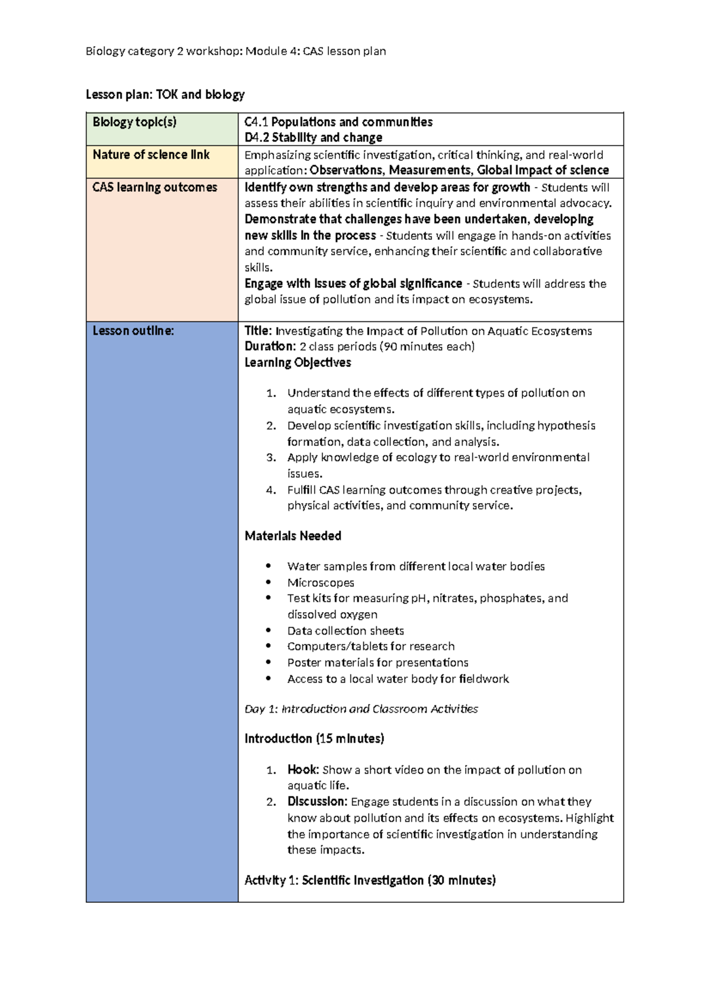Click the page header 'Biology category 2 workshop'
point(235,52)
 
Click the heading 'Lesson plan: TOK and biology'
point(165,95)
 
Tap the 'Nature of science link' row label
point(151,155)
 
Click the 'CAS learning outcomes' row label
point(155,188)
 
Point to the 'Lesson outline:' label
point(133,331)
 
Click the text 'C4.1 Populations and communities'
point(338,123)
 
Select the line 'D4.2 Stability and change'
point(314,138)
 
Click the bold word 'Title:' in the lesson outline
point(259,331)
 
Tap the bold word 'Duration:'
point(270,346)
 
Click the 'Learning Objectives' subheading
point(298,363)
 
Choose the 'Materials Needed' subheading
point(293,536)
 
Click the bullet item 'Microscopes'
point(321,583)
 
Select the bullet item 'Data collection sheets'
point(346,631)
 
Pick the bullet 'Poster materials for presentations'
point(377,663)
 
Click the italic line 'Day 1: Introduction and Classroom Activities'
point(361,709)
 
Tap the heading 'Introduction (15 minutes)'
point(314,739)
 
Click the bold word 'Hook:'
point(303,770)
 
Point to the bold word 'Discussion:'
point(317,802)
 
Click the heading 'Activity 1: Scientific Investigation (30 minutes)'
point(370,881)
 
